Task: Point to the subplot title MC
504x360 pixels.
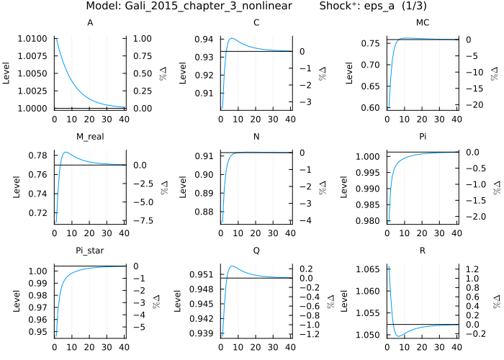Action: point(423,22)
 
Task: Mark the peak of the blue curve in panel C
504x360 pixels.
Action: point(233,39)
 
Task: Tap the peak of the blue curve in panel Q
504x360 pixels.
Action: point(233,266)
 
